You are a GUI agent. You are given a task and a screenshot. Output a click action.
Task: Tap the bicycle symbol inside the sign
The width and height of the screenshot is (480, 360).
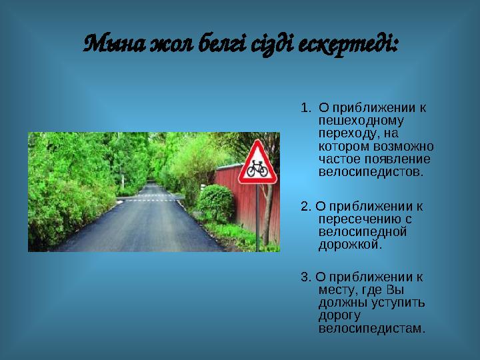tap(257, 171)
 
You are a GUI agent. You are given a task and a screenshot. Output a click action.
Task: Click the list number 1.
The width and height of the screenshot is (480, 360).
tap(305, 107)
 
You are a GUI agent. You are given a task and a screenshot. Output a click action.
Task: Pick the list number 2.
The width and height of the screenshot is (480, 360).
tap(305, 206)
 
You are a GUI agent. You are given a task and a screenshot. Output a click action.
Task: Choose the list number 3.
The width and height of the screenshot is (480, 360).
tap(305, 277)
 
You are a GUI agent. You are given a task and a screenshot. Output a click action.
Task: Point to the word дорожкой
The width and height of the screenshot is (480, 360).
tap(351, 245)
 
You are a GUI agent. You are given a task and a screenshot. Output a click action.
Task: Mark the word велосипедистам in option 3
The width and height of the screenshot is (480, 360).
tap(371, 329)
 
